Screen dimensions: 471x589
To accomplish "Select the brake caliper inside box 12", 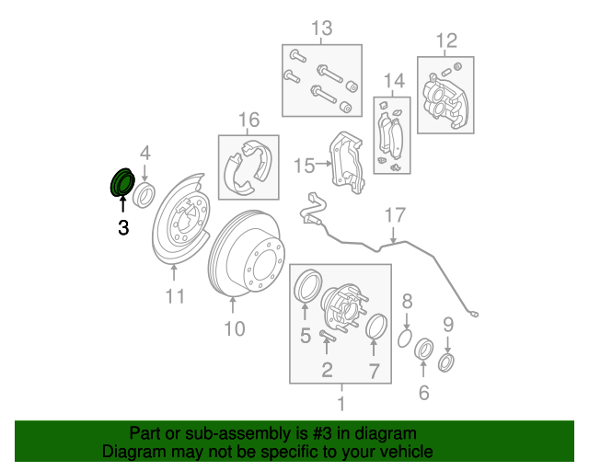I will pos(445,99).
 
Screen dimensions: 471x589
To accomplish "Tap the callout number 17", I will pos(394,216).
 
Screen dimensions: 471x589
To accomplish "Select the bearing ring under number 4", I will pos(144,194).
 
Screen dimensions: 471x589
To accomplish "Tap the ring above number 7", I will pos(375,327).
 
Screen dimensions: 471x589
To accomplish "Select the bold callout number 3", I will pos(123,227).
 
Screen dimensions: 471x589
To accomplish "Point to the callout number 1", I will pos(341,402).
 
